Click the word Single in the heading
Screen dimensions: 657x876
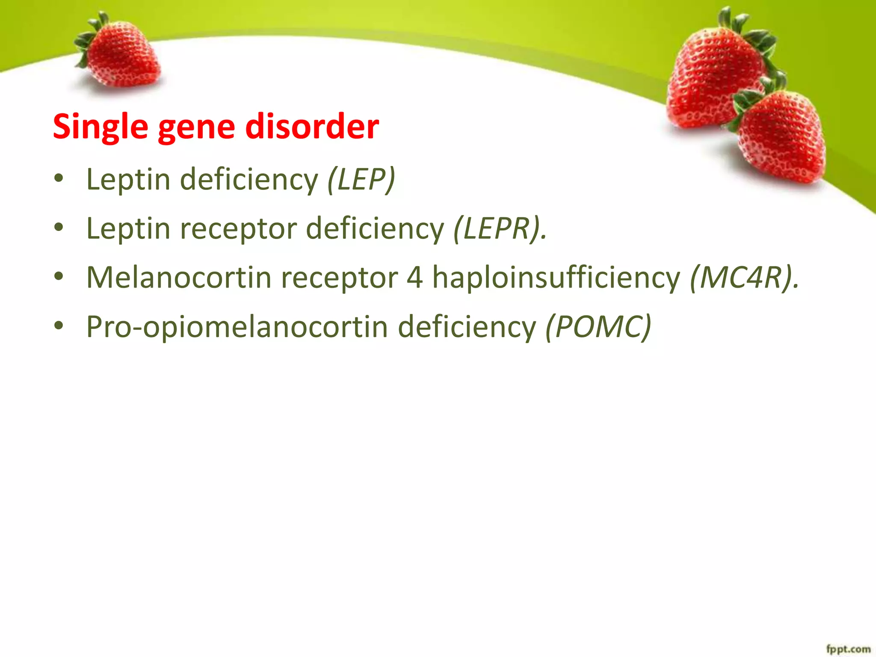tap(101, 127)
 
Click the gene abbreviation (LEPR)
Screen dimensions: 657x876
tap(500, 229)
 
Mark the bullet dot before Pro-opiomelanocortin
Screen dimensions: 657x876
tap(59, 326)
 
